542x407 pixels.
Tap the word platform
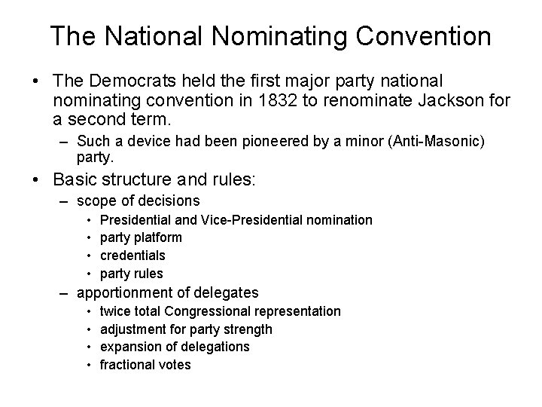tap(157, 237)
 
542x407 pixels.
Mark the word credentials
tap(132, 256)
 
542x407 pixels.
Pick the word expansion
tap(129, 347)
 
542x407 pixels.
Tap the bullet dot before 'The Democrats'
tap(36, 81)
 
